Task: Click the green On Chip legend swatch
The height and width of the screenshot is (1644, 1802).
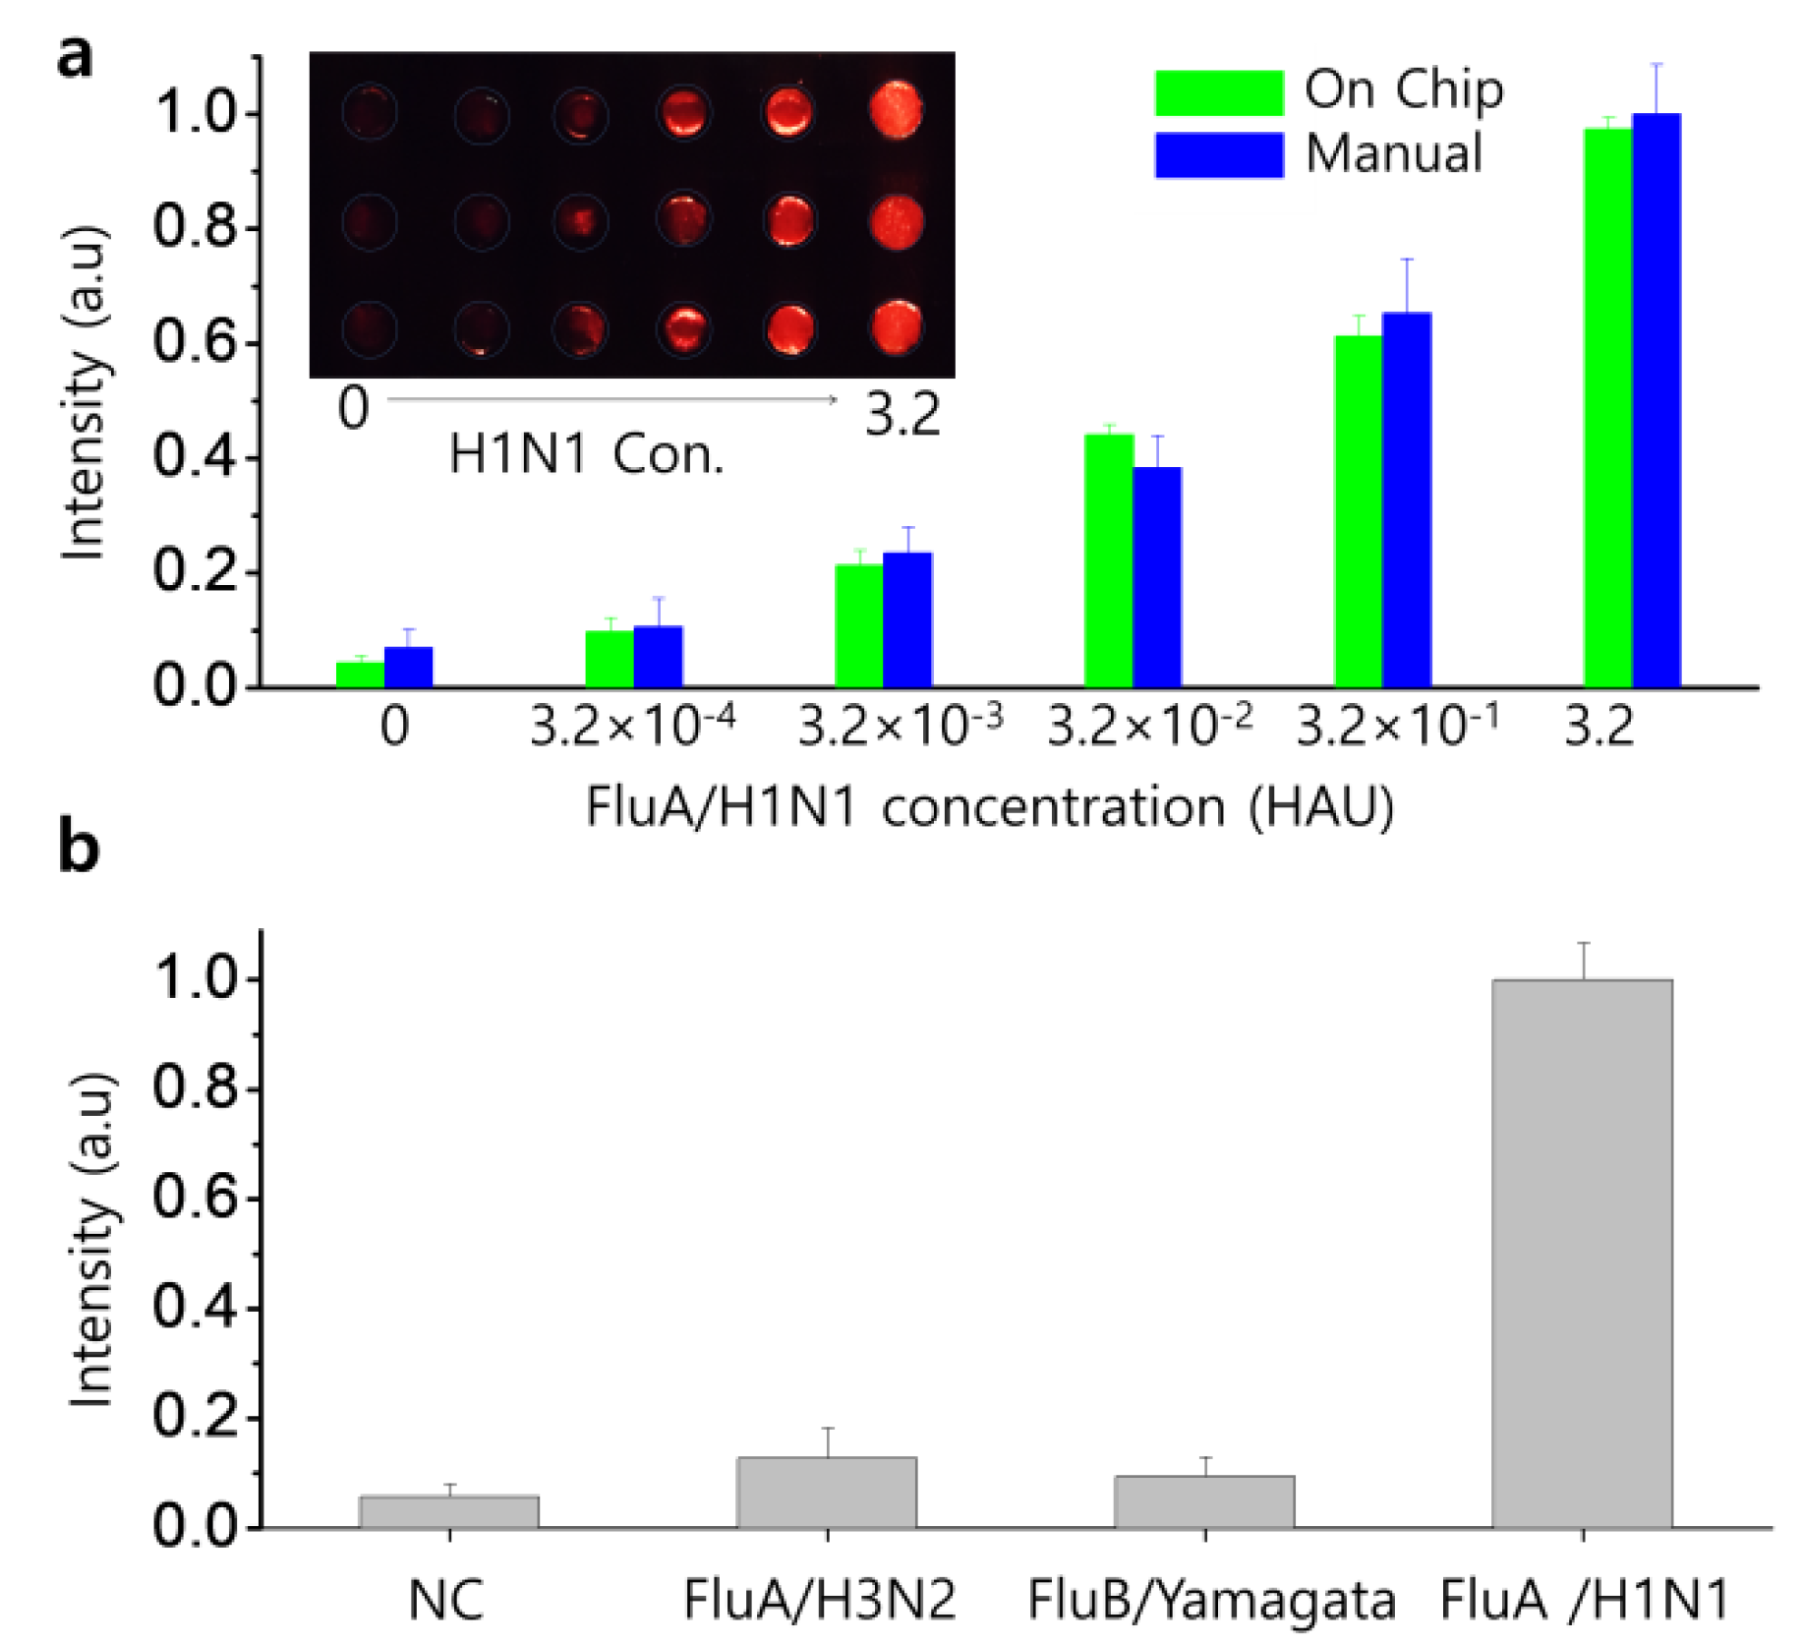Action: (1218, 92)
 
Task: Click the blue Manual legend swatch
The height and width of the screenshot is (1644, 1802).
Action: (1218, 155)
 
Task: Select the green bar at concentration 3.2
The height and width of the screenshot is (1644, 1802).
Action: (1607, 408)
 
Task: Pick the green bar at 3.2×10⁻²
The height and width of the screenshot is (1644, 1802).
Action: (1108, 560)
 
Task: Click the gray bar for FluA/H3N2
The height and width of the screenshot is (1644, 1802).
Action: (826, 1492)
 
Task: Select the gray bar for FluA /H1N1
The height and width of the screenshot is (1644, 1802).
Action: (1581, 1254)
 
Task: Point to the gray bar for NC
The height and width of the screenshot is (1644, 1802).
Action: (449, 1511)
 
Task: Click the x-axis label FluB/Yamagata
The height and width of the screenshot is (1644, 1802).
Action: (1210, 1600)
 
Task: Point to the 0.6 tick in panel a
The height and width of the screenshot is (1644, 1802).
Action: (196, 344)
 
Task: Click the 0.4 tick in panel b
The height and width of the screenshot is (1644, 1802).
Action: (196, 1310)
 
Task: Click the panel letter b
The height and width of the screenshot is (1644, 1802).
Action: (79, 848)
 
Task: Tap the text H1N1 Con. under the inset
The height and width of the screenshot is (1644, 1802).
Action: (586, 454)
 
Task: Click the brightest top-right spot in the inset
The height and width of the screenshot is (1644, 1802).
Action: (896, 109)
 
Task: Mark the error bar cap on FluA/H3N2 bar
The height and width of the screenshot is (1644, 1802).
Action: (828, 1428)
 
